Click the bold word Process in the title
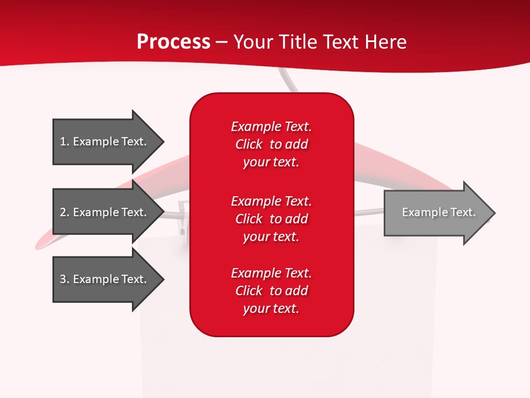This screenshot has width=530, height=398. tap(173, 42)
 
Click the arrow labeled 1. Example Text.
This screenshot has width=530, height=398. tap(105, 142)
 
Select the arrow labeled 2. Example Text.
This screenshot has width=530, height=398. tap(105, 212)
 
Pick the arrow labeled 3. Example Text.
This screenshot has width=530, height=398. tap(105, 279)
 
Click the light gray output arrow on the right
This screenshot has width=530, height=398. tap(436, 213)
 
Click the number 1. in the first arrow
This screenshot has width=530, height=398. tap(65, 142)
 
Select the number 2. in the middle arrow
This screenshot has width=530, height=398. tap(65, 212)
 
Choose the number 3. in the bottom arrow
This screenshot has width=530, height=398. tap(65, 279)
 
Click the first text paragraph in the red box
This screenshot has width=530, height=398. tap(271, 144)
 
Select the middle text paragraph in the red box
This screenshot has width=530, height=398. tap(271, 219)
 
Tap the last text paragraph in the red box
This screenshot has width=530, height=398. tap(271, 291)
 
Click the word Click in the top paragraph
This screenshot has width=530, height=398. tap(248, 144)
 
